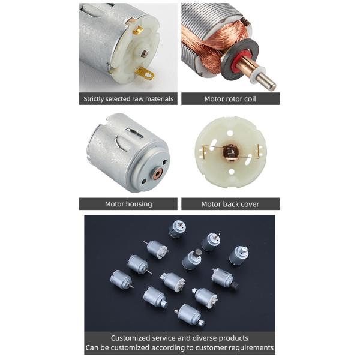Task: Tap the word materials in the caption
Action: (x=157, y=99)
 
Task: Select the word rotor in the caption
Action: (x=227, y=99)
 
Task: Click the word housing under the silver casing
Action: (x=139, y=204)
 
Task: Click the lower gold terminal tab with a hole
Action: (x=144, y=73)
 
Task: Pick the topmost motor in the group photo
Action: (x=177, y=229)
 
